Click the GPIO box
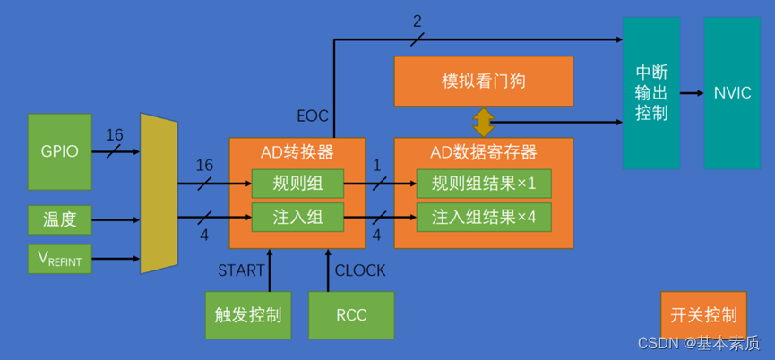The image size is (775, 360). [x=60, y=151]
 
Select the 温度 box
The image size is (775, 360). [x=60, y=218]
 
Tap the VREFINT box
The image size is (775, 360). [x=60, y=259]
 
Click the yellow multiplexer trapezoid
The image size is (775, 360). [x=159, y=193]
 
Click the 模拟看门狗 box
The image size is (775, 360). [x=484, y=81]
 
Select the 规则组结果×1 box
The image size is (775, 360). [x=483, y=184]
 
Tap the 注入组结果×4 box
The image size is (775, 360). [x=483, y=217]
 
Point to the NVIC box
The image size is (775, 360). [x=732, y=92]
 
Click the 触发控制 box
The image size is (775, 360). [x=248, y=314]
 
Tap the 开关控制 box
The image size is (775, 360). [x=703, y=314]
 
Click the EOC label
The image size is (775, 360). [x=313, y=116]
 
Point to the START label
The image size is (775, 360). [x=241, y=270]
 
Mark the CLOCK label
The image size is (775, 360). [x=360, y=270]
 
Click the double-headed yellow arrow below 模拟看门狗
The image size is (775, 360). [x=484, y=121]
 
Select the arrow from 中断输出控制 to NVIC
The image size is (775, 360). [x=692, y=92]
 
